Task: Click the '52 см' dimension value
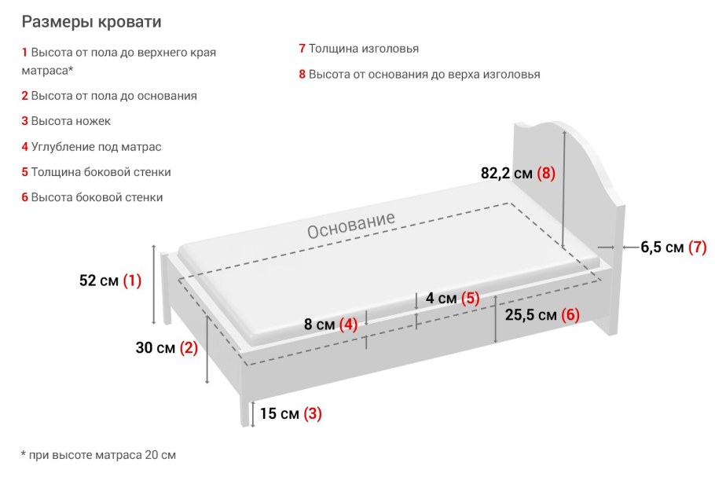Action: pyautogui.click(x=98, y=281)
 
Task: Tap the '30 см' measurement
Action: pyautogui.click(x=155, y=348)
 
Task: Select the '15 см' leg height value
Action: pyautogui.click(x=279, y=413)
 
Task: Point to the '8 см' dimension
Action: pyautogui.click(x=319, y=324)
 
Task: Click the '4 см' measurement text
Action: pyautogui.click(x=441, y=299)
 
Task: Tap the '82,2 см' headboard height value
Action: pyautogui.click(x=507, y=174)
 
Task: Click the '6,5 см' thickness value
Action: pyautogui.click(x=662, y=248)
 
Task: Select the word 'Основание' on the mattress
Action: pyautogui.click(x=350, y=226)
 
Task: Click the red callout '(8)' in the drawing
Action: pyautogui.click(x=546, y=174)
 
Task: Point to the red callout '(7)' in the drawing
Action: pyautogui.click(x=697, y=248)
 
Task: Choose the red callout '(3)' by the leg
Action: pyautogui.click(x=313, y=413)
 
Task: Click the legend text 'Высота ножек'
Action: pyautogui.click(x=71, y=121)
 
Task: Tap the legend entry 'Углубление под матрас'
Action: pyautogui.click(x=96, y=146)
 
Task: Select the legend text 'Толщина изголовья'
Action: pyautogui.click(x=363, y=49)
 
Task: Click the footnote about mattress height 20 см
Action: pyautogui.click(x=98, y=455)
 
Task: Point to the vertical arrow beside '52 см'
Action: pyautogui.click(x=154, y=284)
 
